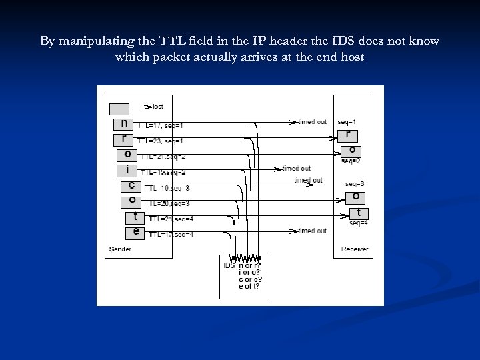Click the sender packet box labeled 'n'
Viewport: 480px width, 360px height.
pyautogui.click(x=122, y=124)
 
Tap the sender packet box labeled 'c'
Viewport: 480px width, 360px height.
pyautogui.click(x=131, y=186)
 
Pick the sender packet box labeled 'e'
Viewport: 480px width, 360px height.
pyautogui.click(x=135, y=232)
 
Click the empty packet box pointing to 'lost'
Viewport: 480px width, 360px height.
pyautogui.click(x=119, y=107)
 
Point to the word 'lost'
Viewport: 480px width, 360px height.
pyautogui.click(x=157, y=107)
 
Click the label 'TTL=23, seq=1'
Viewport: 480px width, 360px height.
pyautogui.click(x=160, y=141)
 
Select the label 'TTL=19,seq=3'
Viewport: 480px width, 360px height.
pyautogui.click(x=167, y=188)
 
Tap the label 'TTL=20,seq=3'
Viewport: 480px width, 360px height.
pyautogui.click(x=167, y=203)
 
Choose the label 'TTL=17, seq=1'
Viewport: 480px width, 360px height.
pyautogui.click(x=160, y=125)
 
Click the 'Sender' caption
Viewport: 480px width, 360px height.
pyautogui.click(x=120, y=249)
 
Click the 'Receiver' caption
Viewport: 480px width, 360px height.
pyautogui.click(x=354, y=249)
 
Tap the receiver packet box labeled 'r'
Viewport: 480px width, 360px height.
pyautogui.click(x=348, y=135)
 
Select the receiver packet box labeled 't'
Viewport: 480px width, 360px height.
pyautogui.click(x=359, y=213)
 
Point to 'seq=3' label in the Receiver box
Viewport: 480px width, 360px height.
pyautogui.click(x=355, y=183)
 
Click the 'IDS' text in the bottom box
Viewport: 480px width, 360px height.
pyautogui.click(x=229, y=265)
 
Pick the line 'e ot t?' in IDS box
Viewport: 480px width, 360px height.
pyautogui.click(x=249, y=287)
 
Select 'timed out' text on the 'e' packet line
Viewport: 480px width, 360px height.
pyautogui.click(x=312, y=231)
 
